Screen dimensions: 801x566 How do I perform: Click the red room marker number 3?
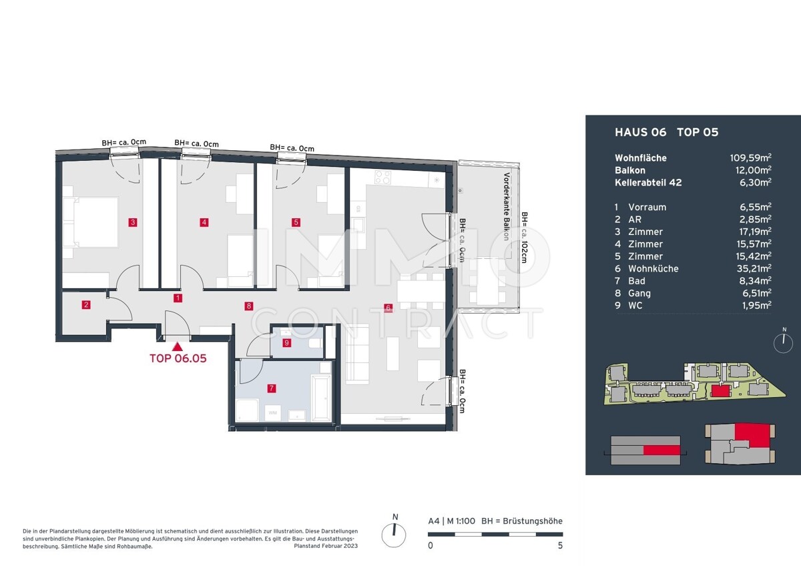[133, 222]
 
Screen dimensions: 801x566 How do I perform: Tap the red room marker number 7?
[272, 388]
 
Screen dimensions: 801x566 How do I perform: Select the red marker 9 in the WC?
[286, 343]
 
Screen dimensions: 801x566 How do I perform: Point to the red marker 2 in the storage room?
[86, 305]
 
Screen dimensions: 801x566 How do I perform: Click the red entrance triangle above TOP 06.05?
[178, 346]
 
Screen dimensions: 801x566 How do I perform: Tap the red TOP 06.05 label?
[178, 358]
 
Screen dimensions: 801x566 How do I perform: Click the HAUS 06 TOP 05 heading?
[667, 132]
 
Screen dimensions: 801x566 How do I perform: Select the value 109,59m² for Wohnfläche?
[750, 158]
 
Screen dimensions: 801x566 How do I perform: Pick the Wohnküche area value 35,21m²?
[754, 268]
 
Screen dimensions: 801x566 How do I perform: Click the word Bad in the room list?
[637, 281]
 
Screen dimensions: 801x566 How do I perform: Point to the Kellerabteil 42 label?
[648, 183]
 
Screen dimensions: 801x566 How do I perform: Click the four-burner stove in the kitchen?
[382, 177]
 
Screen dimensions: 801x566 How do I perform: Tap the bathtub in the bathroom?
[322, 398]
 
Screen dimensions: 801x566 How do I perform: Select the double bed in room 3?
[91, 222]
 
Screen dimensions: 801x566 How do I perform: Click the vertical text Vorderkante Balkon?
[506, 207]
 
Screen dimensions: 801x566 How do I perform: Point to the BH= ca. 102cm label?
[524, 238]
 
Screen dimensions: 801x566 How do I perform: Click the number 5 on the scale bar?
[560, 545]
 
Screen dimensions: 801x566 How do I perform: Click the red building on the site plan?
[720, 390]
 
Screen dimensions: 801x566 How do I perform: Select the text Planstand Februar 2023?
[326, 546]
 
